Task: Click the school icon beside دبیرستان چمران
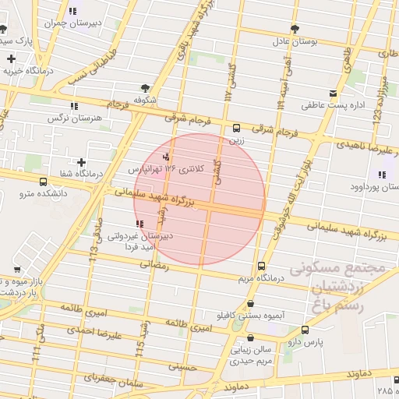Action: click(x=72, y=12)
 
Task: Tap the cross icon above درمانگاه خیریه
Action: click(x=10, y=58)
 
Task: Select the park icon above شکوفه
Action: click(x=145, y=88)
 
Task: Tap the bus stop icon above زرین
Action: click(x=237, y=129)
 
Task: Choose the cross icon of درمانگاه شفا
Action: click(x=82, y=162)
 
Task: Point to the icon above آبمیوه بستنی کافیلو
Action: click(x=250, y=304)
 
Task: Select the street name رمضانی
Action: click(x=153, y=266)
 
